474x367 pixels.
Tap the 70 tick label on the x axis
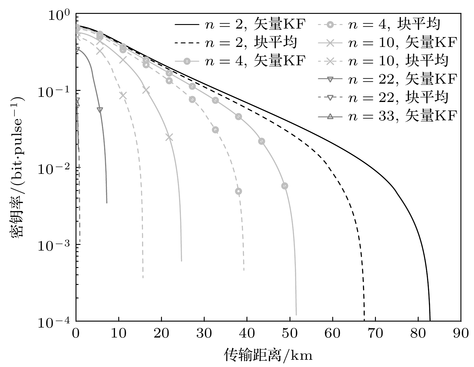point(375,333)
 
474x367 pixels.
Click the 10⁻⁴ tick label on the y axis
point(57,322)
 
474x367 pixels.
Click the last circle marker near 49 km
point(285,186)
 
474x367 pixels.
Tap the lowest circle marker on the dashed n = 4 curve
point(239,191)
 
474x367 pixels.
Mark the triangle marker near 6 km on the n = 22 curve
point(100,110)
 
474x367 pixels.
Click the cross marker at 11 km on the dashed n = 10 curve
point(123,96)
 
